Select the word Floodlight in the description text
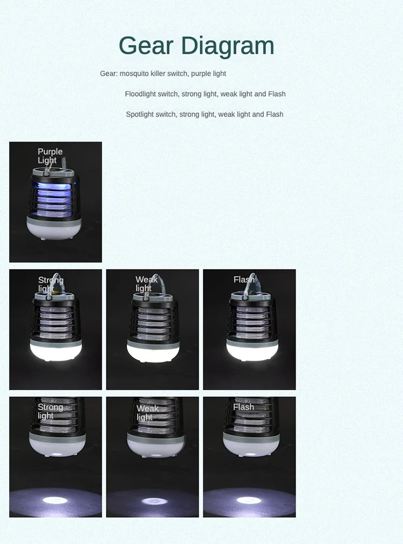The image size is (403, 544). [143, 94]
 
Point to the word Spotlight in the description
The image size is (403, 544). [143, 114]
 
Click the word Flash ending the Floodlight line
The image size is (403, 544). [277, 94]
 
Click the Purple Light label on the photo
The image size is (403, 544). [49, 156]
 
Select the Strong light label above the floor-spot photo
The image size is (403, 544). [50, 411]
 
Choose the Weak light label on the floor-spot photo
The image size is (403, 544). [147, 412]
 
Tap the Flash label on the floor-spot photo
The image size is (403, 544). [243, 407]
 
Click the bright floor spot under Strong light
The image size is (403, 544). [55, 501]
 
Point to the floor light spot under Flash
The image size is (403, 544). [249, 501]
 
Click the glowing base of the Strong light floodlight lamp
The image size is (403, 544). [55, 350]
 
